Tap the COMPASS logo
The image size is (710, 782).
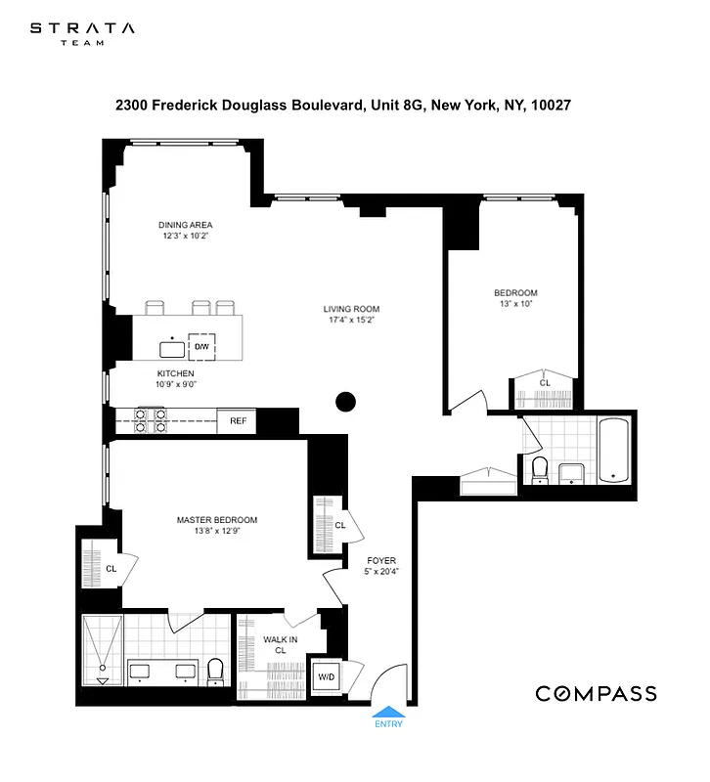pos(595,693)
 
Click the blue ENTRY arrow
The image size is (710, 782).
pos(387,714)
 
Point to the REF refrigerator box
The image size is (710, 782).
pos(237,421)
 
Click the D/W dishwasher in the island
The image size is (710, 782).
pos(201,347)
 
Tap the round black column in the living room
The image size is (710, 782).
pos(345,401)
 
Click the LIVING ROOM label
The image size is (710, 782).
pos(351,310)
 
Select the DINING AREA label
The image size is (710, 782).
pos(186,225)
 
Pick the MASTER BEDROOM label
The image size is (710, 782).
pos(216,519)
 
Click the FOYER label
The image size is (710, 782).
pos(380,561)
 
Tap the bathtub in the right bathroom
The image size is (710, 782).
pos(614,451)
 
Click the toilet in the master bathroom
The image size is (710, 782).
pos(216,671)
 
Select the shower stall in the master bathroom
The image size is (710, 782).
pos(102,649)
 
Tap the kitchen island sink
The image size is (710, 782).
pos(172,348)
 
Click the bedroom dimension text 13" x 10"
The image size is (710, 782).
pos(514,303)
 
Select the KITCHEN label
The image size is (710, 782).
pos(176,373)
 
